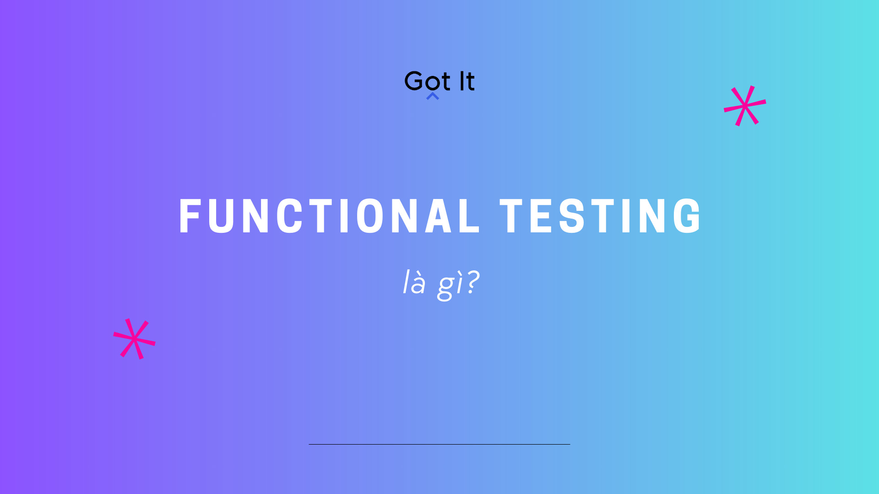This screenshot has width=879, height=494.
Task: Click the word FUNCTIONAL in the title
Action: (x=329, y=216)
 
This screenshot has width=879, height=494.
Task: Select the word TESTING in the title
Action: (x=600, y=216)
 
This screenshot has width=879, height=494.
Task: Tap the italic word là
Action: (x=414, y=283)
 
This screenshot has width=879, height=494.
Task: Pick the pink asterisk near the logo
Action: (x=745, y=106)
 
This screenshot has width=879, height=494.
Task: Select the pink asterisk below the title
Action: (x=134, y=339)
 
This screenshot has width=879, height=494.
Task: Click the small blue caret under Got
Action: (x=433, y=96)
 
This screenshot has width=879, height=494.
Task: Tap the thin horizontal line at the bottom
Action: (x=439, y=444)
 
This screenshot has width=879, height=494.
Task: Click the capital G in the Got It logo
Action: (x=414, y=81)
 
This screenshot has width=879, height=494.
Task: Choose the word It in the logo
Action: (x=467, y=81)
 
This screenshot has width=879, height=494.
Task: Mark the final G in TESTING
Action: (x=687, y=216)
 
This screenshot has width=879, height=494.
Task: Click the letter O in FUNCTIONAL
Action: (x=369, y=216)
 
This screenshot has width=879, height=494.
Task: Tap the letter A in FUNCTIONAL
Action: (x=439, y=216)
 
